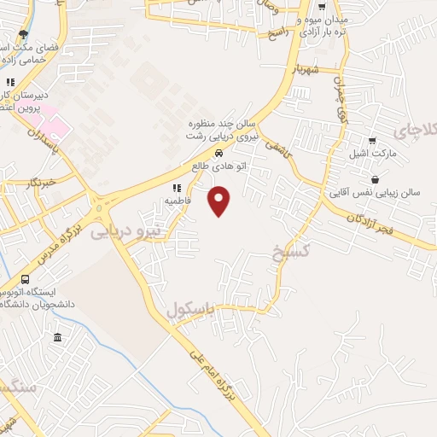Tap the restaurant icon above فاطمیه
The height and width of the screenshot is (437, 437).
pos(177,188)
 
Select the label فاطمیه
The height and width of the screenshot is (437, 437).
pos(177,201)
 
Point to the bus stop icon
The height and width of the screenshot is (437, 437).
pos(25,280)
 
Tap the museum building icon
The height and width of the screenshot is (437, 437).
pos(57,338)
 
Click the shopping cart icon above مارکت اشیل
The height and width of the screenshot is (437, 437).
pos(371,141)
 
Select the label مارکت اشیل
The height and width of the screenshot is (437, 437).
pos(376,154)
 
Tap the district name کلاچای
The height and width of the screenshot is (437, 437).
pos(418,131)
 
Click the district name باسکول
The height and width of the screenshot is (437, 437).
pos(189,312)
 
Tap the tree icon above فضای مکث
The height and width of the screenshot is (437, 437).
pos(23,35)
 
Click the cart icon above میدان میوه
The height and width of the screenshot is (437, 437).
pos(321,7)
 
